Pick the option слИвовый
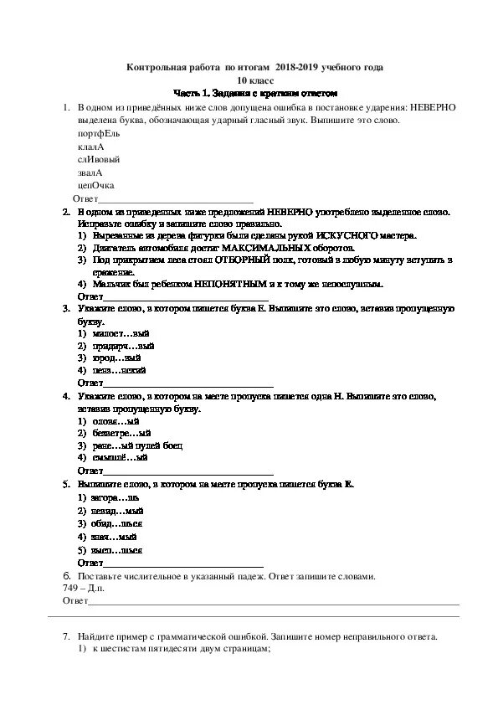click(98, 159)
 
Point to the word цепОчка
click(95, 185)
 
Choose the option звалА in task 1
click(90, 172)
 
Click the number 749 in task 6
click(70, 589)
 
